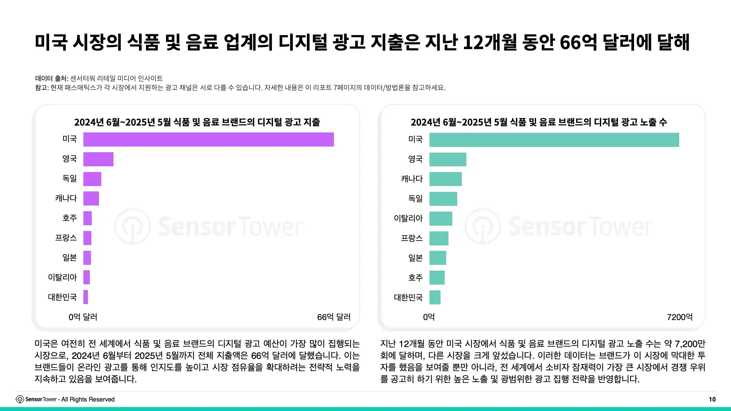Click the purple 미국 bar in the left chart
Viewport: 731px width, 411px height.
coord(209,139)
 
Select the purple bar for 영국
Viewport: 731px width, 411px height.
coord(98,159)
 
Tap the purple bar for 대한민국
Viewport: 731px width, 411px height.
coord(86,297)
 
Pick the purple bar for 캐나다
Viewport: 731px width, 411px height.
coord(91,199)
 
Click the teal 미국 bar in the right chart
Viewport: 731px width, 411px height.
coord(554,140)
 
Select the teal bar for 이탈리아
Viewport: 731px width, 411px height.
coord(441,218)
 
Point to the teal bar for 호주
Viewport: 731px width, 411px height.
coord(437,278)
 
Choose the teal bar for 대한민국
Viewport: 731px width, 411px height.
coord(435,297)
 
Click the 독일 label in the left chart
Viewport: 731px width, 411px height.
coord(70,178)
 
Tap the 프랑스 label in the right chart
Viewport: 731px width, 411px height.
coord(412,238)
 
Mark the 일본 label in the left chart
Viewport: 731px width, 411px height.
coord(70,258)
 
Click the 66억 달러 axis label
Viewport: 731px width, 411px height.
coord(334,317)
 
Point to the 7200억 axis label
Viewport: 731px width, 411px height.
coord(680,317)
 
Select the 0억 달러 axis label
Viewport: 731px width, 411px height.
coord(83,317)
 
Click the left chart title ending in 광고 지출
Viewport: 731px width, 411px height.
coord(197,122)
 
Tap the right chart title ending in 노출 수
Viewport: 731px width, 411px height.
coord(539,122)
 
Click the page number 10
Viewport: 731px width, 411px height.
coord(712,399)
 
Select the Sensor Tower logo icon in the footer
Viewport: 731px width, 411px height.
coord(20,399)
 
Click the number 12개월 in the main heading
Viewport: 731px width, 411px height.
coord(490,42)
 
